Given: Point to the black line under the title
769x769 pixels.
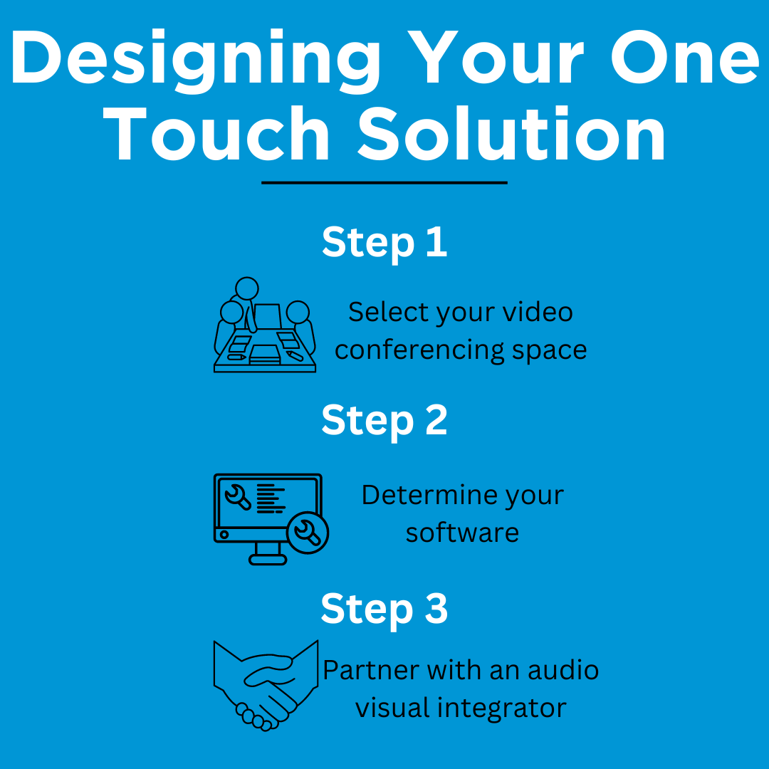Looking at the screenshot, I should click(x=384, y=183).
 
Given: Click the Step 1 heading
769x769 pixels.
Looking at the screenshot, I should click(x=384, y=243).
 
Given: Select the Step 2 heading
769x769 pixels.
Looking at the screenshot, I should click(x=384, y=421).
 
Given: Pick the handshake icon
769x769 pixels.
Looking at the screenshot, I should click(x=266, y=685).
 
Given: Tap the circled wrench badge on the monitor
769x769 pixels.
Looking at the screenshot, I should click(x=308, y=532).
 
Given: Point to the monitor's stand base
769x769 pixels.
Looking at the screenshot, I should click(x=268, y=560).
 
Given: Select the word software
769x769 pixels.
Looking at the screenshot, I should click(x=462, y=533).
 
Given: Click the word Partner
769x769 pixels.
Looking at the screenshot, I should click(x=370, y=670).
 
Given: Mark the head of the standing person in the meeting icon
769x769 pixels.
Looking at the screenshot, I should click(x=247, y=288).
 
